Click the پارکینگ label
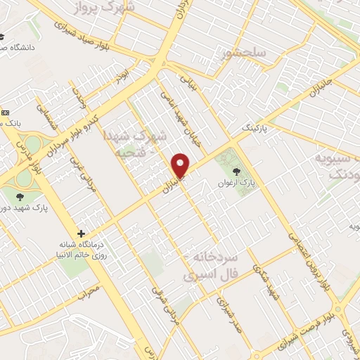click(x=255, y=129)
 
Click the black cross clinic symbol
click(x=82, y=233)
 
